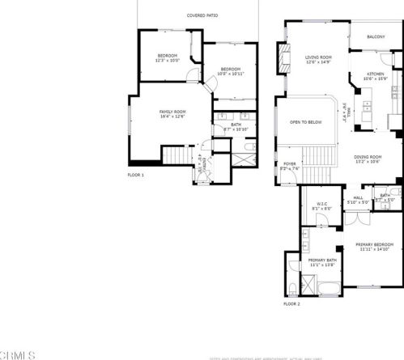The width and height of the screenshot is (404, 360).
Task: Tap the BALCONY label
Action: [376, 36]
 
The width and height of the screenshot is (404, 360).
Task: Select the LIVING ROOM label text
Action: [318, 57]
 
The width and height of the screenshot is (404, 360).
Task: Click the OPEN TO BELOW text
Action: [306, 121]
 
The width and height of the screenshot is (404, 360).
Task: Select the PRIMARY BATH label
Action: [321, 260]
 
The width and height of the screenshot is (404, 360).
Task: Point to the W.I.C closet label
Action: [321, 204]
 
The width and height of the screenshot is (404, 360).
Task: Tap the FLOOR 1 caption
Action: [135, 175]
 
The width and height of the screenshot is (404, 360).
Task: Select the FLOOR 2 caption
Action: [291, 304]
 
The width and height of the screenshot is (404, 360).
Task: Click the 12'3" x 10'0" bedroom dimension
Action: [167, 60]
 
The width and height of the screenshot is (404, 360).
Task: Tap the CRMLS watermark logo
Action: [18, 354]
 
